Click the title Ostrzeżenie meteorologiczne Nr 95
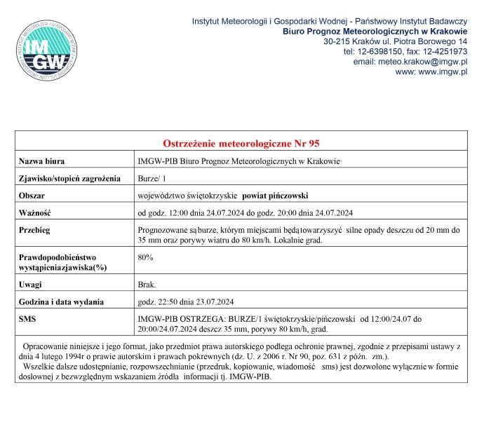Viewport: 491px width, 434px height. pyautogui.click(x=241, y=143)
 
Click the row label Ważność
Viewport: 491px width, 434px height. pyautogui.click(x=36, y=212)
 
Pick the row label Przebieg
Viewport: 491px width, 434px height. pyautogui.click(x=35, y=230)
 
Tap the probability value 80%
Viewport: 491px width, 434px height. pyautogui.click(x=146, y=258)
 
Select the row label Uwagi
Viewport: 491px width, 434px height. pyautogui.click(x=31, y=285)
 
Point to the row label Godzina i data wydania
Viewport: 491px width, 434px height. pyautogui.click(x=62, y=302)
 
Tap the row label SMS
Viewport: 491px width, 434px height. pyautogui.click(x=28, y=319)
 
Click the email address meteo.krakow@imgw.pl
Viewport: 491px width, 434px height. pyautogui.click(x=426, y=62)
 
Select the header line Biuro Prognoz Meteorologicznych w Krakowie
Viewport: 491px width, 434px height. pyautogui.click(x=375, y=32)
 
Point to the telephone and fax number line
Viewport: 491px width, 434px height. pyautogui.click(x=405, y=52)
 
